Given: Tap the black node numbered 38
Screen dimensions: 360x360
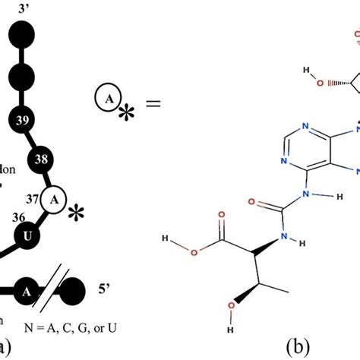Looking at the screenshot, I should point(39,160).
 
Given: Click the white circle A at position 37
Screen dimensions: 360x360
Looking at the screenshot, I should point(53,200).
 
